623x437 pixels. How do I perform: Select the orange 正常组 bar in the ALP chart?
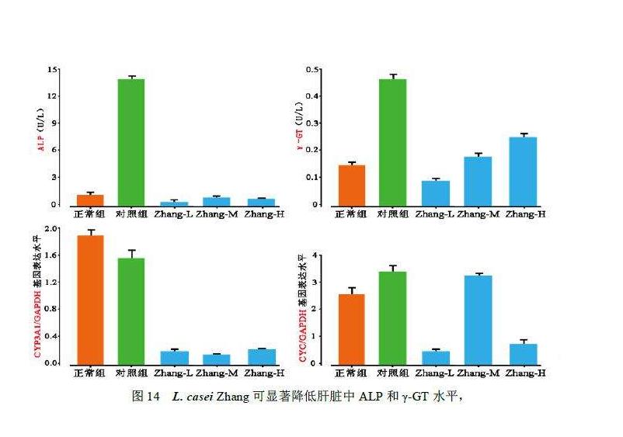tap(89, 200)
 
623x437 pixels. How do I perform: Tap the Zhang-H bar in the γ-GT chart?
tap(523, 171)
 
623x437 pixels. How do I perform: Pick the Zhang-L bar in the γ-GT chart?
tap(436, 192)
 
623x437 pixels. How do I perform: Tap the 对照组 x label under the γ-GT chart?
tap(392, 213)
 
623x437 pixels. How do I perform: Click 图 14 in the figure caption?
tap(145, 396)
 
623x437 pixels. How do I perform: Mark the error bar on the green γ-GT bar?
tap(392, 76)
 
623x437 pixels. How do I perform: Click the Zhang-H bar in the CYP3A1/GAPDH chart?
tap(260, 356)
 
